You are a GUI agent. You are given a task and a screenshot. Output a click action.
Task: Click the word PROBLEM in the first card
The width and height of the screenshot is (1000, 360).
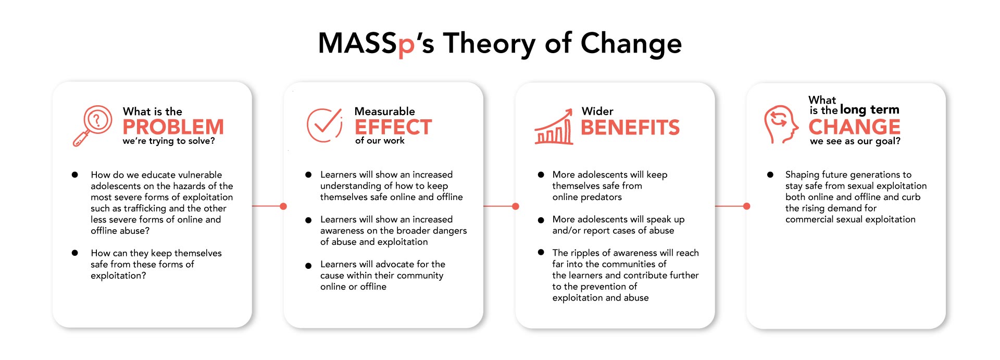(173, 127)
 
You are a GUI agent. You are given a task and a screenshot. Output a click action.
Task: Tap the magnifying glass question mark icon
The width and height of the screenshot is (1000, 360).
(92, 126)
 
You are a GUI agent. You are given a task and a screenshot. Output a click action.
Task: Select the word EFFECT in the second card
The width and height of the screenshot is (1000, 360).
(393, 127)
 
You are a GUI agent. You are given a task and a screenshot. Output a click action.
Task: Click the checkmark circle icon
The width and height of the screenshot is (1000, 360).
(324, 125)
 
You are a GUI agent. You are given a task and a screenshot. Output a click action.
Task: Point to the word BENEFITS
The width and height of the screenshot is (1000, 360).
(630, 127)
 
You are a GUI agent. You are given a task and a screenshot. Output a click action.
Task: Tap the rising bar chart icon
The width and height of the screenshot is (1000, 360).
(554, 127)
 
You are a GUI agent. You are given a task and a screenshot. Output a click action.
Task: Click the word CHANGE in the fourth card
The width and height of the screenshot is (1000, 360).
(854, 127)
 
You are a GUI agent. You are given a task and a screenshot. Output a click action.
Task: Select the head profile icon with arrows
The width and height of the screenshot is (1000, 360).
(781, 125)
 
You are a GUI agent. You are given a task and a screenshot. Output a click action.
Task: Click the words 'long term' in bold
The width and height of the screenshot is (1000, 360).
(869, 109)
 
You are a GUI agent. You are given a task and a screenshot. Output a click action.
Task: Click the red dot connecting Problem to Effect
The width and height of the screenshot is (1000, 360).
(283, 206)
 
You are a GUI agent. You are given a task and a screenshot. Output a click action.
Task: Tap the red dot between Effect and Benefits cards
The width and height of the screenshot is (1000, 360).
(516, 206)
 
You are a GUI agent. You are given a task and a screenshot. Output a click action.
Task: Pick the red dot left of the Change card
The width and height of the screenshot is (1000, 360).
(747, 206)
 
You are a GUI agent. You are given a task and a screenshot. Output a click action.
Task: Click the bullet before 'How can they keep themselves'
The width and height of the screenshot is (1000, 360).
(75, 253)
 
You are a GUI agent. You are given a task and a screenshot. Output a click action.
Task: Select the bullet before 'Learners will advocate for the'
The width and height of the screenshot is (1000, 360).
(308, 266)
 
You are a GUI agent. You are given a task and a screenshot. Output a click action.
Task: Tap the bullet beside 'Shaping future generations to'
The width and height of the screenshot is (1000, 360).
(770, 175)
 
